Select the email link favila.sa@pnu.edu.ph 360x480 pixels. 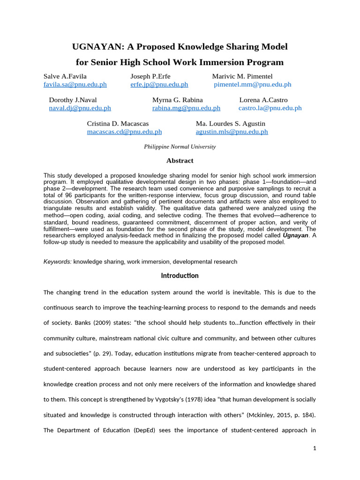[x=75, y=84]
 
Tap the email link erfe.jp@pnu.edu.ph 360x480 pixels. [x=159, y=84]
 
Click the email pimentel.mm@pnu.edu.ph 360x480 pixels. [x=253, y=84]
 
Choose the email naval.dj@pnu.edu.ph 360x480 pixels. [x=80, y=108]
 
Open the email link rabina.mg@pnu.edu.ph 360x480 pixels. [x=186, y=108]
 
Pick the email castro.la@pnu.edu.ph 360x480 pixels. [x=270, y=108]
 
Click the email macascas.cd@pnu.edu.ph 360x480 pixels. [x=124, y=132]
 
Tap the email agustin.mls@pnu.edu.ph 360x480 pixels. [x=232, y=132]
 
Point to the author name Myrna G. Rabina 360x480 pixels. [x=178, y=100]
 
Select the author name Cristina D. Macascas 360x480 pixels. [x=118, y=123]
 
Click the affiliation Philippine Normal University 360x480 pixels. [x=180, y=147]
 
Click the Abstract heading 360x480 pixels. [x=180, y=161]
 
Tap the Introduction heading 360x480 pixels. [x=180, y=276]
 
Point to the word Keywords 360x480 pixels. [x=57, y=262]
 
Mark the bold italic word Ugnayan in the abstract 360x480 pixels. [x=296, y=235]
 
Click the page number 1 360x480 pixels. [x=315, y=449]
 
